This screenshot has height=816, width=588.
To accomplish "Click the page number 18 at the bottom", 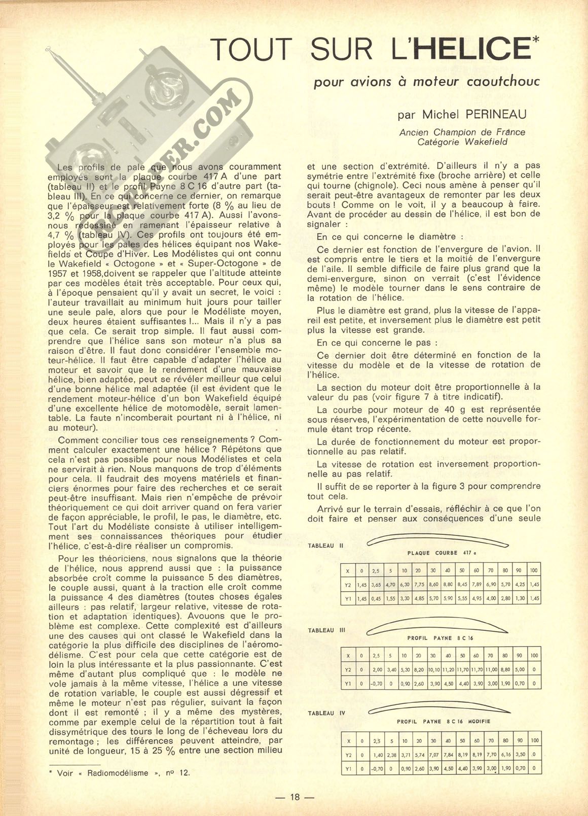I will coord(295,797).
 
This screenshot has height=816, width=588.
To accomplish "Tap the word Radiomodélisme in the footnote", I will coord(118,773).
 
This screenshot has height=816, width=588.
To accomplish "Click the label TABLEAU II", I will coord(326,546).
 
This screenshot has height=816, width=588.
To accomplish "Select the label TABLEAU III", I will coord(327,630).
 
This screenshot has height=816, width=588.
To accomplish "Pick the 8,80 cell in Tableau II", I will coord(448,585).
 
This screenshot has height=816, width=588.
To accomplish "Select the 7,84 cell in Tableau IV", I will coord(448,754).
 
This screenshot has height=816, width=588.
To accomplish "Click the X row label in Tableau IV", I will coord(348,741).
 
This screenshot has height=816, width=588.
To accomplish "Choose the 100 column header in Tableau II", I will coord(534,570).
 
